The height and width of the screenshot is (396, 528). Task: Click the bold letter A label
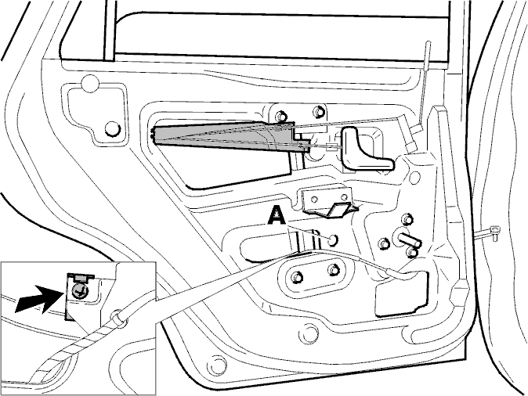pyautogui.click(x=277, y=216)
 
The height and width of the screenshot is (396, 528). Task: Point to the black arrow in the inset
pyautogui.click(x=39, y=298)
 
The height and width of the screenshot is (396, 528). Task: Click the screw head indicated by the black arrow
pyautogui.click(x=79, y=290)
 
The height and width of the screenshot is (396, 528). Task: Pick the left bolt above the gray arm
pyautogui.click(x=280, y=115)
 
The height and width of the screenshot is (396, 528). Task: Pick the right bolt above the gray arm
pyautogui.click(x=318, y=111)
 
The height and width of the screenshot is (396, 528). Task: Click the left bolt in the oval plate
pyautogui.click(x=297, y=276)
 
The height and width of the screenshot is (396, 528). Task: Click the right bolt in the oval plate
pyautogui.click(x=334, y=270)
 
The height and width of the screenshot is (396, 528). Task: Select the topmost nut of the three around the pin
pyautogui.click(x=407, y=218)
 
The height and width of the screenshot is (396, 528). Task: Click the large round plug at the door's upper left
pyautogui.click(x=90, y=84)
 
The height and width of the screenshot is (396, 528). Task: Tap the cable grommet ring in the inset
pyautogui.click(x=117, y=318)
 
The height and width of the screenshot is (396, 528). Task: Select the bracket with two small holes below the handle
pyautogui.click(x=328, y=201)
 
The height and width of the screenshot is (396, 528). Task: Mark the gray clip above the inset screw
pyautogui.click(x=81, y=278)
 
